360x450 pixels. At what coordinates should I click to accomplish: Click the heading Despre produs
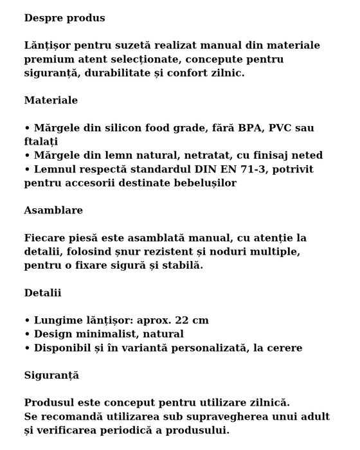(64, 18)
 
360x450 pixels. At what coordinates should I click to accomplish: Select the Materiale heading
(51, 100)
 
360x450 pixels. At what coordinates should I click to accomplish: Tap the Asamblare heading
(53, 210)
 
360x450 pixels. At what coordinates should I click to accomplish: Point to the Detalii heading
(42, 292)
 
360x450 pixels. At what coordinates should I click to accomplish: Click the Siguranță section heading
(51, 375)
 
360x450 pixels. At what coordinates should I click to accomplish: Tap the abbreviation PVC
(283, 128)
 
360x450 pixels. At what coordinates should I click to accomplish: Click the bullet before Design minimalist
(27, 334)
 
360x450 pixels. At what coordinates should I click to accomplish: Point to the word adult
(314, 417)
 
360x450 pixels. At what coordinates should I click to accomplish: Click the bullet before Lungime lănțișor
(27, 320)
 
